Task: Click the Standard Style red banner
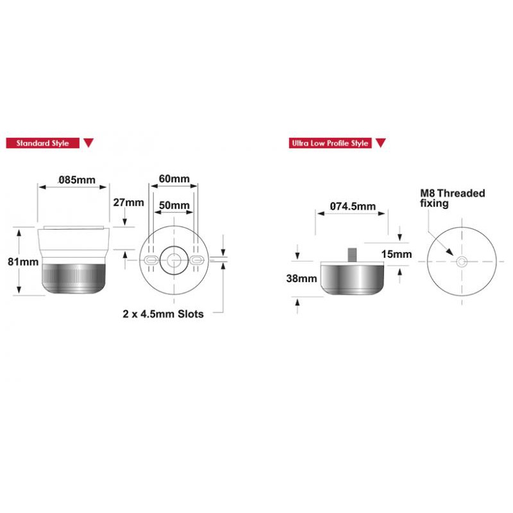tap(43, 143)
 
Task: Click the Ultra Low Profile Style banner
tap(330, 143)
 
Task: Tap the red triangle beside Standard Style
tap(88, 142)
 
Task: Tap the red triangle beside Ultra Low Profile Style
tap(380, 142)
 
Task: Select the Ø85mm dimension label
tap(77, 180)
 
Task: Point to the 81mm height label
tap(23, 262)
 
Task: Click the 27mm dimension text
tap(129, 203)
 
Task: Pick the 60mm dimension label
tap(174, 179)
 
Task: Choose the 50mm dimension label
tap(174, 205)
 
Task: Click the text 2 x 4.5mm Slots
tap(163, 314)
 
